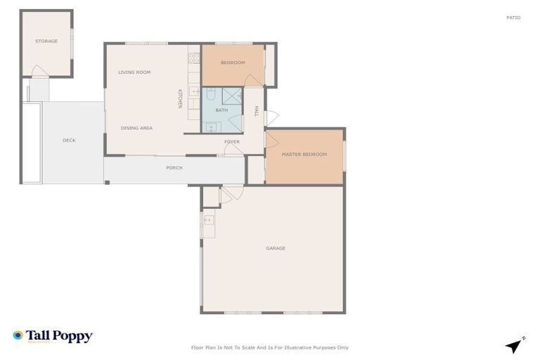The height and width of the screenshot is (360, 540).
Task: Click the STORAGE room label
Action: coord(46,41)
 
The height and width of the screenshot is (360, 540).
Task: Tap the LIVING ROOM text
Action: coord(134,72)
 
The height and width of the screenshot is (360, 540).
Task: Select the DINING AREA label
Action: coord(136,128)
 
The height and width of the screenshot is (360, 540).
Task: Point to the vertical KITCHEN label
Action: coord(179,98)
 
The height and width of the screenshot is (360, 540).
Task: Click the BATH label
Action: coord(221,110)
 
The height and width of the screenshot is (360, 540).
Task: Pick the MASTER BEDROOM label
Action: coord(304,154)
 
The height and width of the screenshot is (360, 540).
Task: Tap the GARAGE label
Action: coord(275,248)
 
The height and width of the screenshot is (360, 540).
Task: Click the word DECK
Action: coord(69,141)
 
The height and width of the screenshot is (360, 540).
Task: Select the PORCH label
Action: coord(174,168)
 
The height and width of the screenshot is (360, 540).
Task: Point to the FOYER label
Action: coord(232,142)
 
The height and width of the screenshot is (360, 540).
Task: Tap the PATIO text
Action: coord(513,18)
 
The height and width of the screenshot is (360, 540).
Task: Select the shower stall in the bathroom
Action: coord(233,96)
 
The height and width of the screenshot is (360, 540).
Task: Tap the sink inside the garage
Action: coord(208,220)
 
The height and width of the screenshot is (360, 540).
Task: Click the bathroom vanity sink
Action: coord(210,127)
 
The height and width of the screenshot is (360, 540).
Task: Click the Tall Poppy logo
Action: coord(53,337)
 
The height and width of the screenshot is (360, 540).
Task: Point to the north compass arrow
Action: coord(515,345)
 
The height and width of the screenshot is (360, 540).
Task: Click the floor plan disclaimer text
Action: coord(270,347)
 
